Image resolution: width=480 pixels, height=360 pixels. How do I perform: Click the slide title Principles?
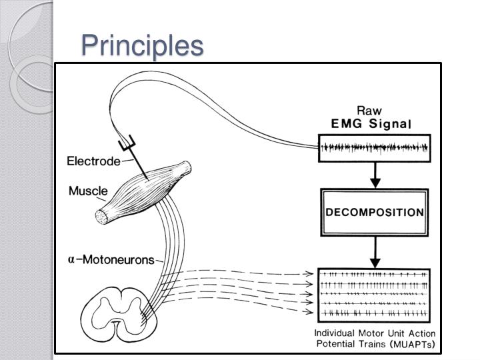point(141,45)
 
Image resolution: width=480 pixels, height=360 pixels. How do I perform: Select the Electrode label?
point(93,161)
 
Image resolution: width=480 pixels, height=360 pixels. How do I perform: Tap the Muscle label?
point(88,191)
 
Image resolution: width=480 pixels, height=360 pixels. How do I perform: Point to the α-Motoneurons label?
point(111,259)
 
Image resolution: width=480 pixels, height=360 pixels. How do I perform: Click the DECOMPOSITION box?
point(375,213)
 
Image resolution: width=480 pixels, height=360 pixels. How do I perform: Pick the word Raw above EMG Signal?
point(369,111)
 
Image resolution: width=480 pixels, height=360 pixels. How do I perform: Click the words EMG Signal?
point(373,123)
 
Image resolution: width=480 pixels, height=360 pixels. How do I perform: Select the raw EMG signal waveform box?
point(375,148)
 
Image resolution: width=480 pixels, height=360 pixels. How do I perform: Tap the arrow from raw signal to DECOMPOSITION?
point(375,175)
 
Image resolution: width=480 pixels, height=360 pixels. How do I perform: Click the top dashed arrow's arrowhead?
point(311,273)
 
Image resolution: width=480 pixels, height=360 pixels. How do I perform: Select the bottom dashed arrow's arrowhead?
point(311,311)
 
